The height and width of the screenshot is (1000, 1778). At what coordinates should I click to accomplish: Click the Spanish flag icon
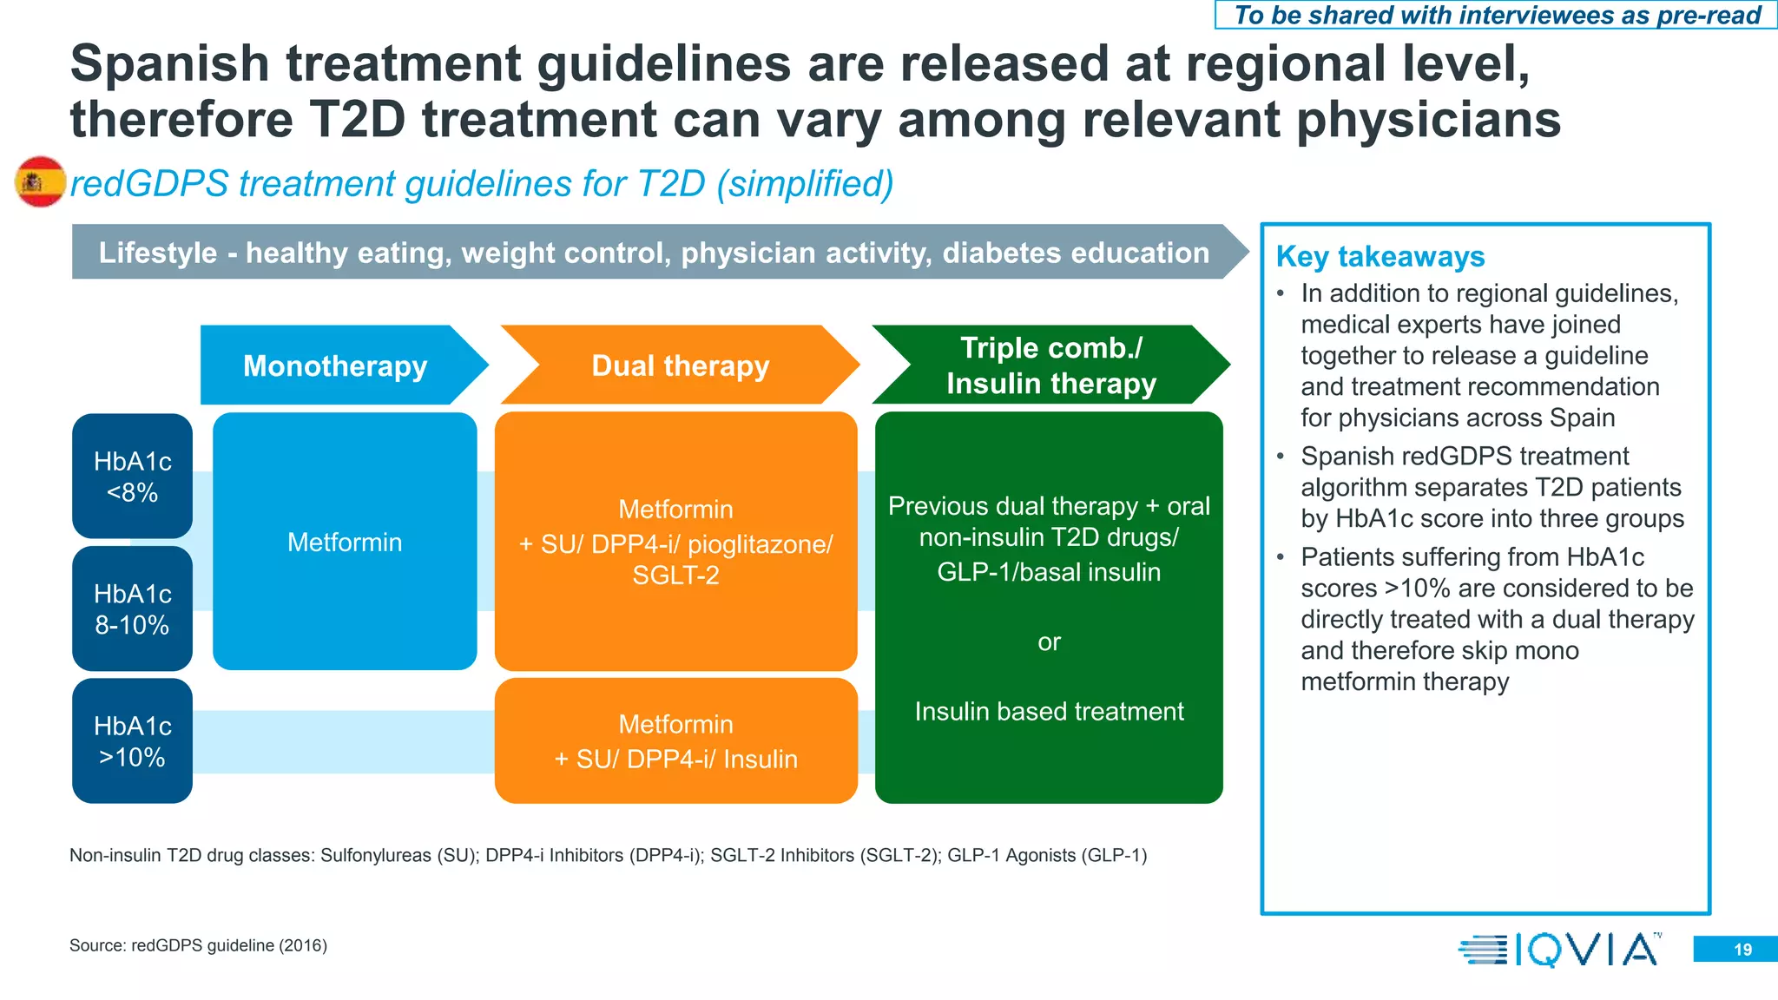point(41,181)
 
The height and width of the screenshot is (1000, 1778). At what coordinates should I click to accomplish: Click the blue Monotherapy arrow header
point(337,365)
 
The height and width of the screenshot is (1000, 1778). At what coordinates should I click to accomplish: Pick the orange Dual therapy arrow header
point(680,365)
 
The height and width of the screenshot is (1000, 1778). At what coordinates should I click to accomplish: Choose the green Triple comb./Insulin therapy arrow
point(1050,365)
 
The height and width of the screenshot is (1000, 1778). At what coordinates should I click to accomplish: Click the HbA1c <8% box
point(132,477)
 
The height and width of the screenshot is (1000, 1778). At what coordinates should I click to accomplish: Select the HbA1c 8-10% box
point(132,609)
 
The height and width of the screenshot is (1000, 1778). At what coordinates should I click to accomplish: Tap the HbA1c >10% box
point(132,741)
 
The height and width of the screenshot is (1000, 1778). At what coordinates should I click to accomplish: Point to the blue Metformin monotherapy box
point(345,542)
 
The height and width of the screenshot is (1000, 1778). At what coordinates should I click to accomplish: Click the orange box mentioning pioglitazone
point(675,542)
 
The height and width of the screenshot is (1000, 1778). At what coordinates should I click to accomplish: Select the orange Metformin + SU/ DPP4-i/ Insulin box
point(675,741)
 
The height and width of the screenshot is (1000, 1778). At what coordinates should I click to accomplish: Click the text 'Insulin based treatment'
point(1049,712)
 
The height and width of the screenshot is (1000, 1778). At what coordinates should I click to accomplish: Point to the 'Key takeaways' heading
point(1380,257)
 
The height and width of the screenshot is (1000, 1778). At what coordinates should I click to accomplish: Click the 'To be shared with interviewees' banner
point(1497,16)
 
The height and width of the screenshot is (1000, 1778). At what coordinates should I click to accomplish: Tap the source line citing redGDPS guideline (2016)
point(199,945)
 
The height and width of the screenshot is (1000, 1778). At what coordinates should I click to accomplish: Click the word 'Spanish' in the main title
point(170,64)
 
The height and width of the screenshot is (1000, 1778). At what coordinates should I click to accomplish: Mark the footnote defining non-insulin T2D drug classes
point(608,856)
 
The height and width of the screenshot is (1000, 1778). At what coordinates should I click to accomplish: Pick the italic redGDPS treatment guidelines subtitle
point(482,184)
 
